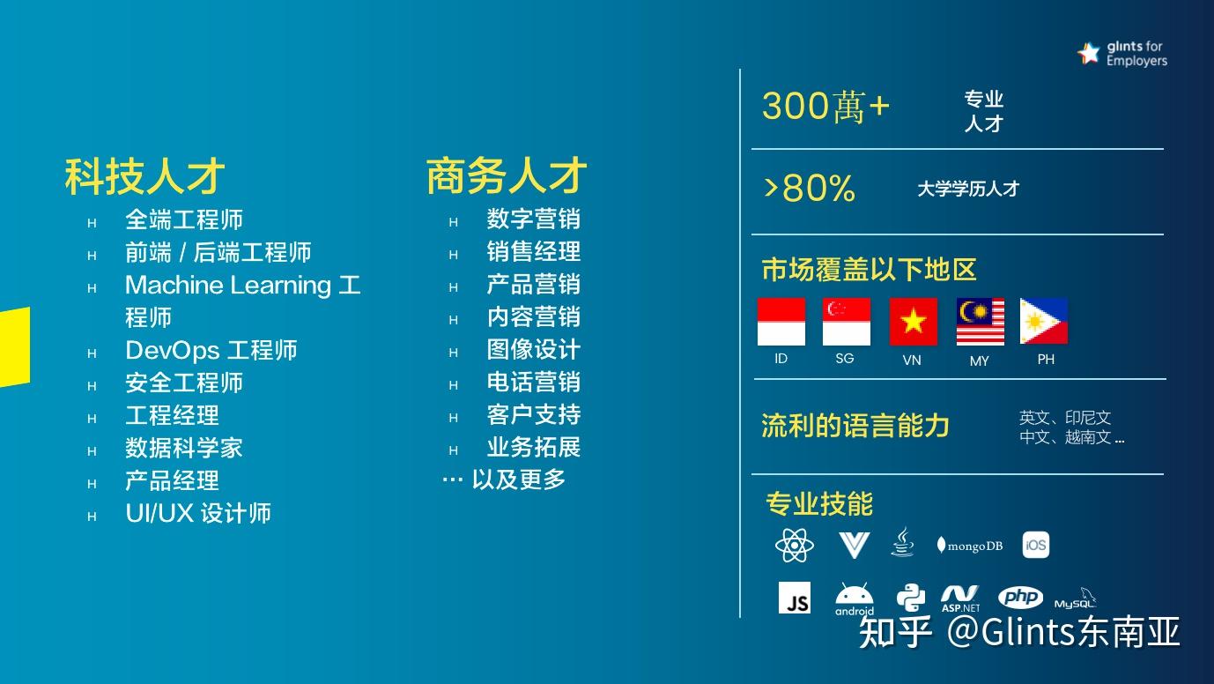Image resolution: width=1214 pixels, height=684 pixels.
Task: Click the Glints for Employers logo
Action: [1121, 54]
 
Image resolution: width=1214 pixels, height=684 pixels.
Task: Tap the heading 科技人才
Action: [145, 176]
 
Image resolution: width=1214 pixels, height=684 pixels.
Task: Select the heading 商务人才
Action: [507, 175]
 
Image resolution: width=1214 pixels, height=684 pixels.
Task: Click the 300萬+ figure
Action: [825, 108]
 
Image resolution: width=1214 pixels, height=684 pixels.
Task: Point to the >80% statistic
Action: [809, 189]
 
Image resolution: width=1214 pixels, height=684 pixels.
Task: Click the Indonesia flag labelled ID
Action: [781, 322]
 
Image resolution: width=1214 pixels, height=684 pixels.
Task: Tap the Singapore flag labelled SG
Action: [846, 322]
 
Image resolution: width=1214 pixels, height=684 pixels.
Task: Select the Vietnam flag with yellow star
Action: [913, 322]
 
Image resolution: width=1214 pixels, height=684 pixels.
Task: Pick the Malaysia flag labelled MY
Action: [980, 322]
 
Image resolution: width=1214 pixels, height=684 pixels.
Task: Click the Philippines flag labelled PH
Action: [1044, 322]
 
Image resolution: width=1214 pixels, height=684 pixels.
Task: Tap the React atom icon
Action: [794, 546]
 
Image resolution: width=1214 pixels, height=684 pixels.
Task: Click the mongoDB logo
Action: [969, 546]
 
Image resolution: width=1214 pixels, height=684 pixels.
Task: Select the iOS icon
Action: [1036, 545]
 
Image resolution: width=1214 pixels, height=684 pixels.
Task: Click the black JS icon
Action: [795, 598]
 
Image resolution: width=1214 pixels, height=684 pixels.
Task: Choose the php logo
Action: [1020, 598]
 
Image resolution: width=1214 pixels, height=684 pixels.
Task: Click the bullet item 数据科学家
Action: [183, 449]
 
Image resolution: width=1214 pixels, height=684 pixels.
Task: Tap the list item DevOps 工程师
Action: [211, 351]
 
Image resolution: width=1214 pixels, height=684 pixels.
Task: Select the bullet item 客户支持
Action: [533, 415]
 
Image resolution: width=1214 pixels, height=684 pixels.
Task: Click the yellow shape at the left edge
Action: [14, 347]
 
